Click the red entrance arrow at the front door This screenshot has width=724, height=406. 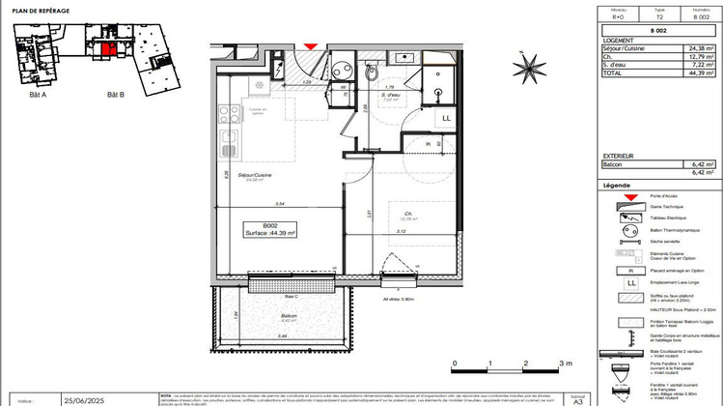[x=310, y=45]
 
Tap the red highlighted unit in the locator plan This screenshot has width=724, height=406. [x=110, y=49]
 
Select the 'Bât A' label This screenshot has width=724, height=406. [x=39, y=94]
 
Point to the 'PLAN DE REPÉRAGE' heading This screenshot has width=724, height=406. [x=39, y=11]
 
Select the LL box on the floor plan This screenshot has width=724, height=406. [x=446, y=118]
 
